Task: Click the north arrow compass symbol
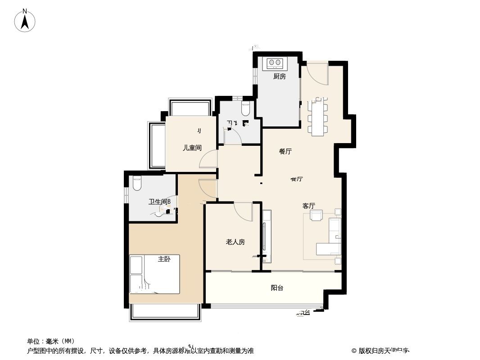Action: (25, 20)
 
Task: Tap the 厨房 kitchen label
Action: (279, 76)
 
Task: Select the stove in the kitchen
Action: (274, 63)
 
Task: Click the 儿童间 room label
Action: (192, 148)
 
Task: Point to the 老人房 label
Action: (235, 242)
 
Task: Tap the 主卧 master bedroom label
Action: (164, 259)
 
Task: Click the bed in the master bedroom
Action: (154, 274)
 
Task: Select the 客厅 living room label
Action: (308, 206)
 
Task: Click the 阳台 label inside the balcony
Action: (277, 288)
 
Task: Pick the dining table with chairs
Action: (318, 116)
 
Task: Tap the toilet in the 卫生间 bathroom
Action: (137, 183)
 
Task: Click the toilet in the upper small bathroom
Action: (245, 108)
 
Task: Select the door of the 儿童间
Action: (208, 160)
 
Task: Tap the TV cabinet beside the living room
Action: (266, 236)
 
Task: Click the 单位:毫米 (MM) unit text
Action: (51, 341)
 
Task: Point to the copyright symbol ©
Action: (354, 351)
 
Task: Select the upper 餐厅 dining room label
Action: (285, 152)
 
